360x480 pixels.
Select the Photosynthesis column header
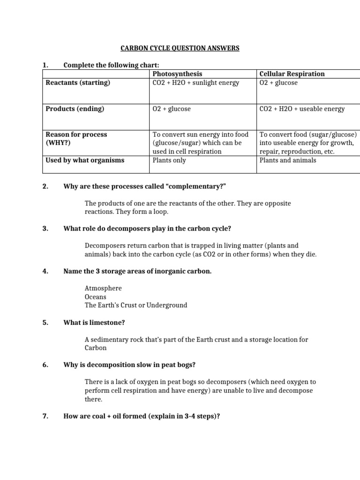177,74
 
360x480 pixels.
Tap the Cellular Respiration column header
292,74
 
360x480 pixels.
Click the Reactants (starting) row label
78,83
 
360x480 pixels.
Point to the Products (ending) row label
75,109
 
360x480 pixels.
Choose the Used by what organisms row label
85,160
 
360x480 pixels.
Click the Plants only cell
169,160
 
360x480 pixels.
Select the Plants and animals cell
288,160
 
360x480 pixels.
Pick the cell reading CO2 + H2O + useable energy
302,109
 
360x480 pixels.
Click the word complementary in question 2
197,187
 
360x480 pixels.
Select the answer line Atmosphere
103,288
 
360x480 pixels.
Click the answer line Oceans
96,297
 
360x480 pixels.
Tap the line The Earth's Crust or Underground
136,305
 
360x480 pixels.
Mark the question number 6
45,365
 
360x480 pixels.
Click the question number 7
45,415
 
